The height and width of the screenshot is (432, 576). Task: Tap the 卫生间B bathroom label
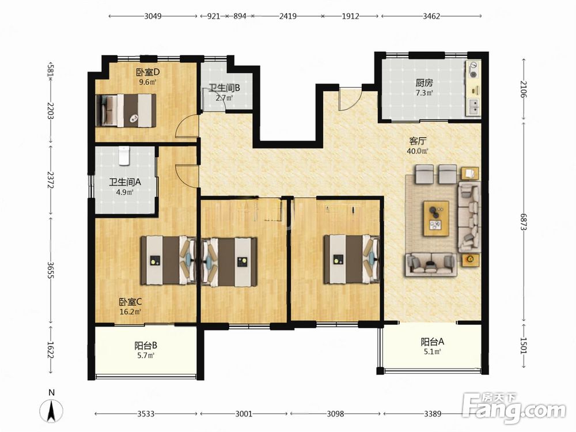[224, 88]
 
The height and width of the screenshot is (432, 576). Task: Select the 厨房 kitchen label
[424, 82]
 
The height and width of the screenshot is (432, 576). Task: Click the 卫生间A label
[125, 182]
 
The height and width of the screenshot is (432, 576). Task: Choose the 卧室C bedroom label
[130, 302]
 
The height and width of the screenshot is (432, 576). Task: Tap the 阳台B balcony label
[146, 345]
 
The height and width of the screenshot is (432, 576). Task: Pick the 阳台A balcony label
[433, 342]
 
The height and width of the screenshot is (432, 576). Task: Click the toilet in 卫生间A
[124, 156]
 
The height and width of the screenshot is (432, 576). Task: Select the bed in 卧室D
[126, 111]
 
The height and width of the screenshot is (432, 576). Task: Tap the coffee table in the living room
[436, 218]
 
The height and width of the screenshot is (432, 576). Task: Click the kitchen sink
[474, 107]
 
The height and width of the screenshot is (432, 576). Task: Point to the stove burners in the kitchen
[473, 69]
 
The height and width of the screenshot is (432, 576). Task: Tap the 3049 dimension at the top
[153, 16]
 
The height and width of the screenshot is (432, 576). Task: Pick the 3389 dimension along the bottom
[433, 414]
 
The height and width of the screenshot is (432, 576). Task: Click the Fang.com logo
[514, 408]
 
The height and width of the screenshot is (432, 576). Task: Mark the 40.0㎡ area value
[417, 151]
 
